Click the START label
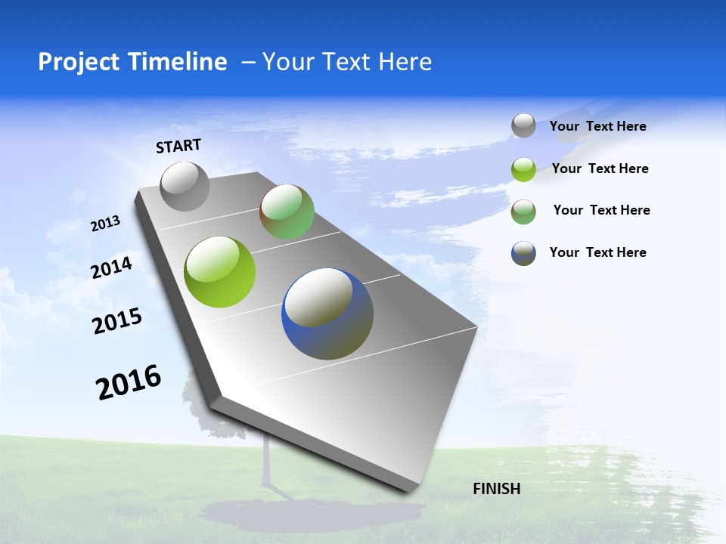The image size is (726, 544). (x=178, y=146)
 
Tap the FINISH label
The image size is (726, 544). (x=496, y=489)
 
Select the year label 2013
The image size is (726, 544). (x=105, y=223)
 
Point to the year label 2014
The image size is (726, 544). (x=111, y=267)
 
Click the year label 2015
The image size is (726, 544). (x=116, y=321)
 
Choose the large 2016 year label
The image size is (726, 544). (x=129, y=382)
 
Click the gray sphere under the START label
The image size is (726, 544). (x=185, y=187)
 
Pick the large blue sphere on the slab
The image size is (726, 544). (x=327, y=314)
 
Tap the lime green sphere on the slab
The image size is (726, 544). (x=220, y=272)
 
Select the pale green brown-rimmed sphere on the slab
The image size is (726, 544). (x=287, y=212)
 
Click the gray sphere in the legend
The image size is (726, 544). (x=523, y=125)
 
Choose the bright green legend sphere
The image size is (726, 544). (x=523, y=169)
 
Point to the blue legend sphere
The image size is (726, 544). (x=523, y=253)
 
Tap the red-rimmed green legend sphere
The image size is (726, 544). (x=523, y=212)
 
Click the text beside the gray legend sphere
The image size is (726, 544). (x=597, y=126)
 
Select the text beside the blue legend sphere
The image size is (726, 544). (x=597, y=252)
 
